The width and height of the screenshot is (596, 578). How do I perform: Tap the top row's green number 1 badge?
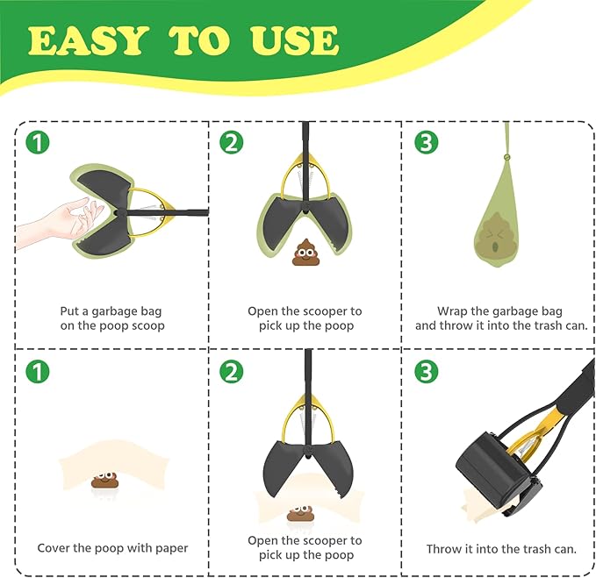(36, 142)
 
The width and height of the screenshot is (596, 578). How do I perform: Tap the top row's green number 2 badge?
(231, 142)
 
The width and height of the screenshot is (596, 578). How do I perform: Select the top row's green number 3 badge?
(426, 142)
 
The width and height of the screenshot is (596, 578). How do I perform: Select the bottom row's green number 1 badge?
(36, 371)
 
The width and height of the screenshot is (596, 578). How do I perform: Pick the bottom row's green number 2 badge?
(231, 371)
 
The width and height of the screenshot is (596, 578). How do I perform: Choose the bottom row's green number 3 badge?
(426, 371)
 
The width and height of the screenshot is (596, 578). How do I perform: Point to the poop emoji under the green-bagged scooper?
(305, 252)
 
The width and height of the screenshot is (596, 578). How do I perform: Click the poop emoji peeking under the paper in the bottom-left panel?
(104, 479)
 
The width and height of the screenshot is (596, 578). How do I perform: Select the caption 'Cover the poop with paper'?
(112, 548)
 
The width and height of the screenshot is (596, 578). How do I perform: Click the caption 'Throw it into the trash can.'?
(501, 549)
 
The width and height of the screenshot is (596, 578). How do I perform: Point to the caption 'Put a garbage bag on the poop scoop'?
(111, 318)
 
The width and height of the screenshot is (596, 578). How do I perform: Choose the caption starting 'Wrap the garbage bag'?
(500, 318)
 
